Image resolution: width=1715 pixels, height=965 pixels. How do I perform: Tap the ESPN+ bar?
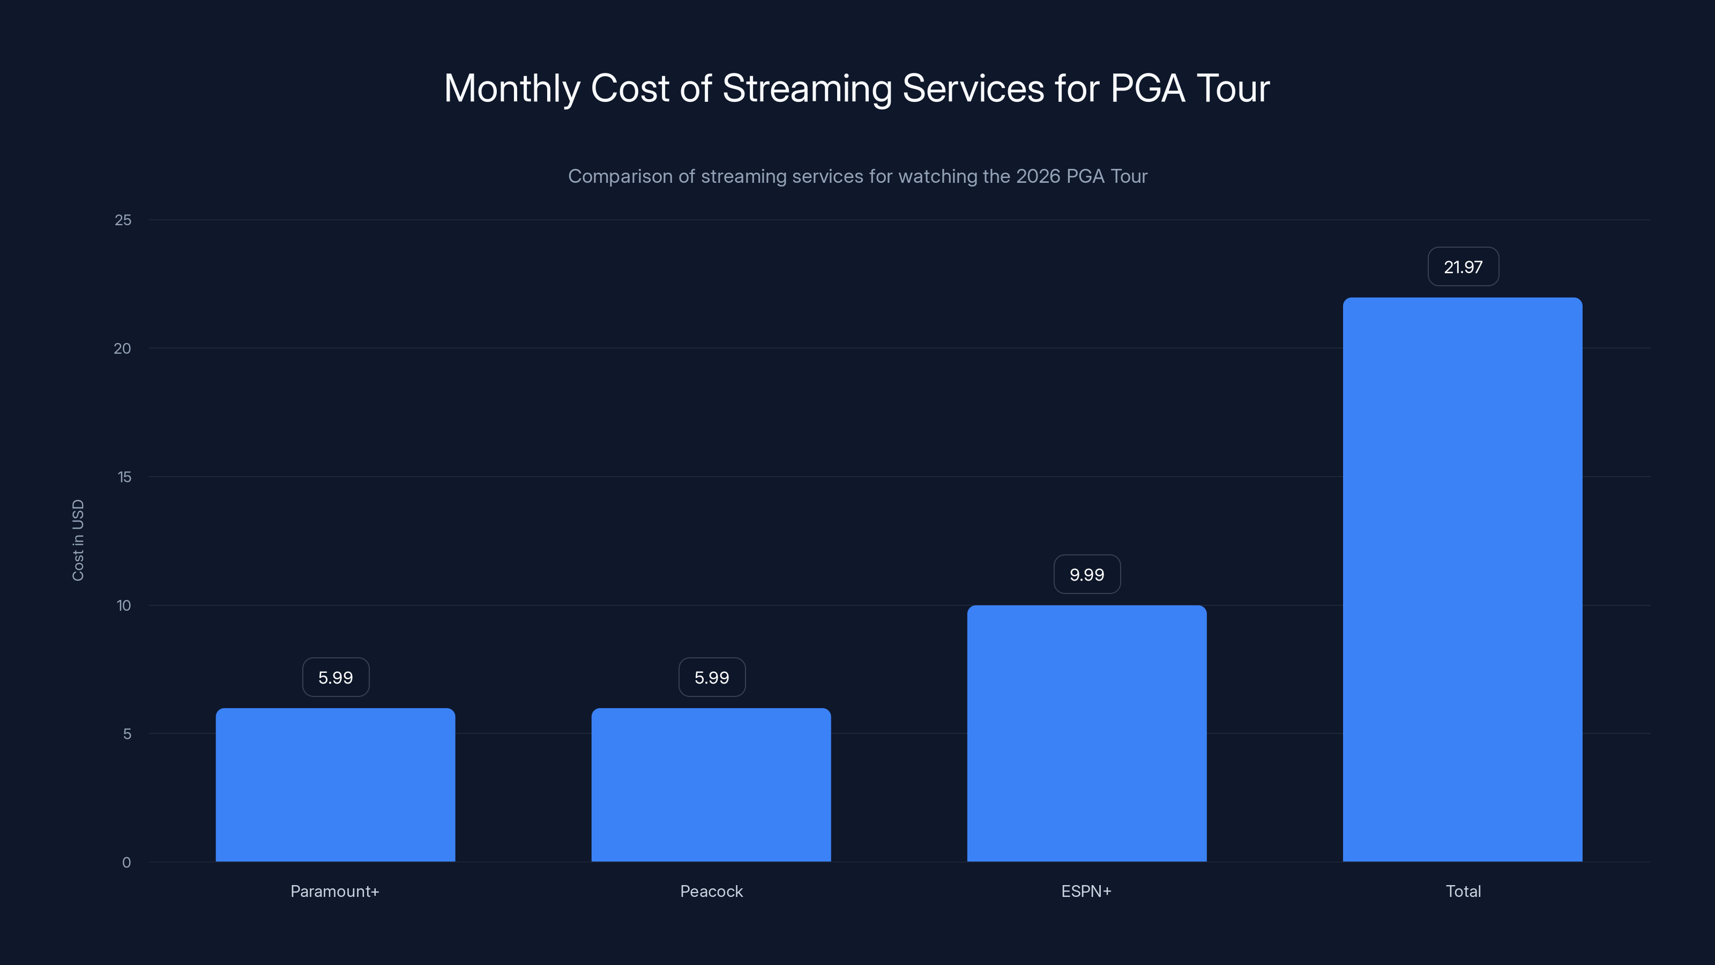tap(1086, 732)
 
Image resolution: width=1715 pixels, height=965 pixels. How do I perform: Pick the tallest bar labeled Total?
tap(1462, 580)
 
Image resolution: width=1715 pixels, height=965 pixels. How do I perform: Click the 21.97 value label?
tap(1463, 267)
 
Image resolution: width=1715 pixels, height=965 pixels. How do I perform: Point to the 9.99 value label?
tap(1086, 575)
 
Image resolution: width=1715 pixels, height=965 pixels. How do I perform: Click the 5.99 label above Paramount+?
tap(335, 677)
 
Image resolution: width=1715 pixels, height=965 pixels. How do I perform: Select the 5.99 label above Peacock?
tap(712, 677)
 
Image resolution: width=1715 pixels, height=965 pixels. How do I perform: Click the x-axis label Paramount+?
tap(335, 891)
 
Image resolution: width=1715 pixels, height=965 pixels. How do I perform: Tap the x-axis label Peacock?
tap(711, 891)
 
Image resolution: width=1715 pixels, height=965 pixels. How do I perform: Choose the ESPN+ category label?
tap(1086, 891)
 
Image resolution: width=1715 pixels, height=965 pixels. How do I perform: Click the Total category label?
tap(1463, 891)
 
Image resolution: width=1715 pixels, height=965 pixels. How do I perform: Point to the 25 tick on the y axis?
tap(123, 220)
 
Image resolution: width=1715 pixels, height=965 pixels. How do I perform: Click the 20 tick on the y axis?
tap(123, 348)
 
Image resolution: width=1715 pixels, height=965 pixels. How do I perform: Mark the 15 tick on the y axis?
tap(124, 477)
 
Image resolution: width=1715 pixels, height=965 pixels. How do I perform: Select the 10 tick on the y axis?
tap(124, 605)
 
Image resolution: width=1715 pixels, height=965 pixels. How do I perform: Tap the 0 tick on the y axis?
tap(126, 863)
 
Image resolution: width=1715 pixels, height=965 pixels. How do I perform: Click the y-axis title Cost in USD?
tap(78, 540)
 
